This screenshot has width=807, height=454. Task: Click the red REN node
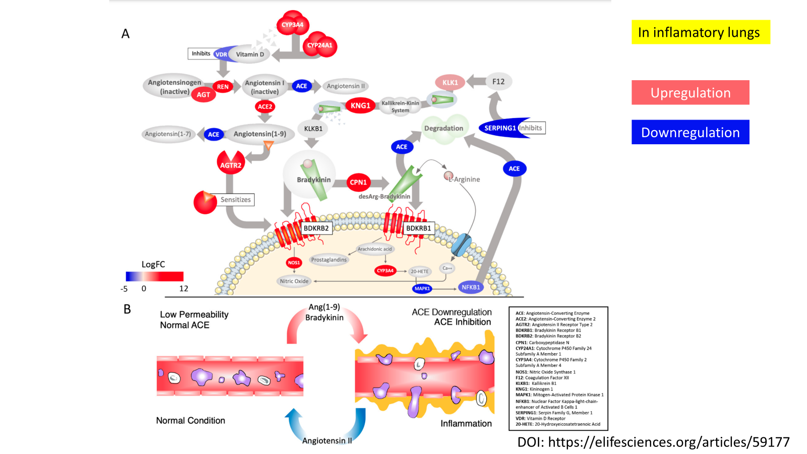[222, 87]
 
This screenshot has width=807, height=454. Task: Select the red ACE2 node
[265, 106]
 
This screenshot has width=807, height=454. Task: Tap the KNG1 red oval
[360, 105]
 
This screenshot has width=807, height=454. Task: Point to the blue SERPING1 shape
[500, 128]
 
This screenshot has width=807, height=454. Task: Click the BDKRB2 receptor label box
[316, 229]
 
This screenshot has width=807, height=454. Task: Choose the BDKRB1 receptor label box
[419, 229]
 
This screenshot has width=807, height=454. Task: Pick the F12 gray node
[498, 82]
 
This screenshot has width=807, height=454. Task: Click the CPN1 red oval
[358, 182]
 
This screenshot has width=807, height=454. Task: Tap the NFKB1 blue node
[471, 288]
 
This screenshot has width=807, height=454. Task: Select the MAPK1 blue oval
[422, 289]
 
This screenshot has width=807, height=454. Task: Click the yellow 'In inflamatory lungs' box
[700, 32]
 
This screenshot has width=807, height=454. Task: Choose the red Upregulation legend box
[690, 93]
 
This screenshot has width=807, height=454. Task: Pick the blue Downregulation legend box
[690, 132]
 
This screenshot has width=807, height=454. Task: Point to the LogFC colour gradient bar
[154, 276]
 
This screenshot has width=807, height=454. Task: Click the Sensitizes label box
[236, 200]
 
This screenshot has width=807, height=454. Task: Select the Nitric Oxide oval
[294, 281]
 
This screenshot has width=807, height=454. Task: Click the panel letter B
[127, 309]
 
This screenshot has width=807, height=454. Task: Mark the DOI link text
[653, 442]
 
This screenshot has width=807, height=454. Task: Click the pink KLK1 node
[450, 82]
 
